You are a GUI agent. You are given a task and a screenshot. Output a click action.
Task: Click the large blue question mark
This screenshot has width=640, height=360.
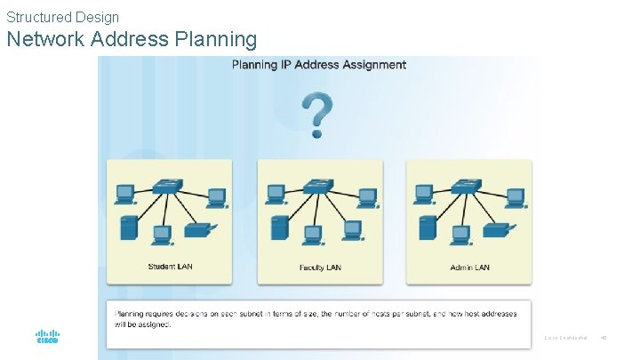tap(317, 114)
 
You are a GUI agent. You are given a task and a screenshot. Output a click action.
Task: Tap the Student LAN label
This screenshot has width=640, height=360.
tap(170, 266)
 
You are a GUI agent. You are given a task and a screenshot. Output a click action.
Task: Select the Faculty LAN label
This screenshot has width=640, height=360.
tap(320, 267)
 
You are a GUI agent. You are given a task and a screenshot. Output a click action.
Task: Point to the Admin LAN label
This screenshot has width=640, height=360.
tap(469, 267)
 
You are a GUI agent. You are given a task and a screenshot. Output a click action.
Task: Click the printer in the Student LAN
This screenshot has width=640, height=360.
tap(197, 230)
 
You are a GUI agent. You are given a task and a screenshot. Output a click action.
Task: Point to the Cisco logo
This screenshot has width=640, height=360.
tap(47, 337)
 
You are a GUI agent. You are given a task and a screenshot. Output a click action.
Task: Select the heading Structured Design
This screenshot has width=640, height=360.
tap(62, 16)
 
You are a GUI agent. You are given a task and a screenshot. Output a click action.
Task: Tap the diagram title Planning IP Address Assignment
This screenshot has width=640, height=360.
tap(319, 64)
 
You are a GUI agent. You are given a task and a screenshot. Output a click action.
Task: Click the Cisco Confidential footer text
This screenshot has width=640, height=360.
tap(565, 338)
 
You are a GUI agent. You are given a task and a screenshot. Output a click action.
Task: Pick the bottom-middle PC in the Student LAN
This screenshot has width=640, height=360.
tap(162, 234)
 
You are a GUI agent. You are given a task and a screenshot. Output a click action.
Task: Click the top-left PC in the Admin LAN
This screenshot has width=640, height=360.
tap(424, 193)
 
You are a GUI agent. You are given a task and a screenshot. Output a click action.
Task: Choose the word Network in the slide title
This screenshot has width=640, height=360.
tap(44, 39)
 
